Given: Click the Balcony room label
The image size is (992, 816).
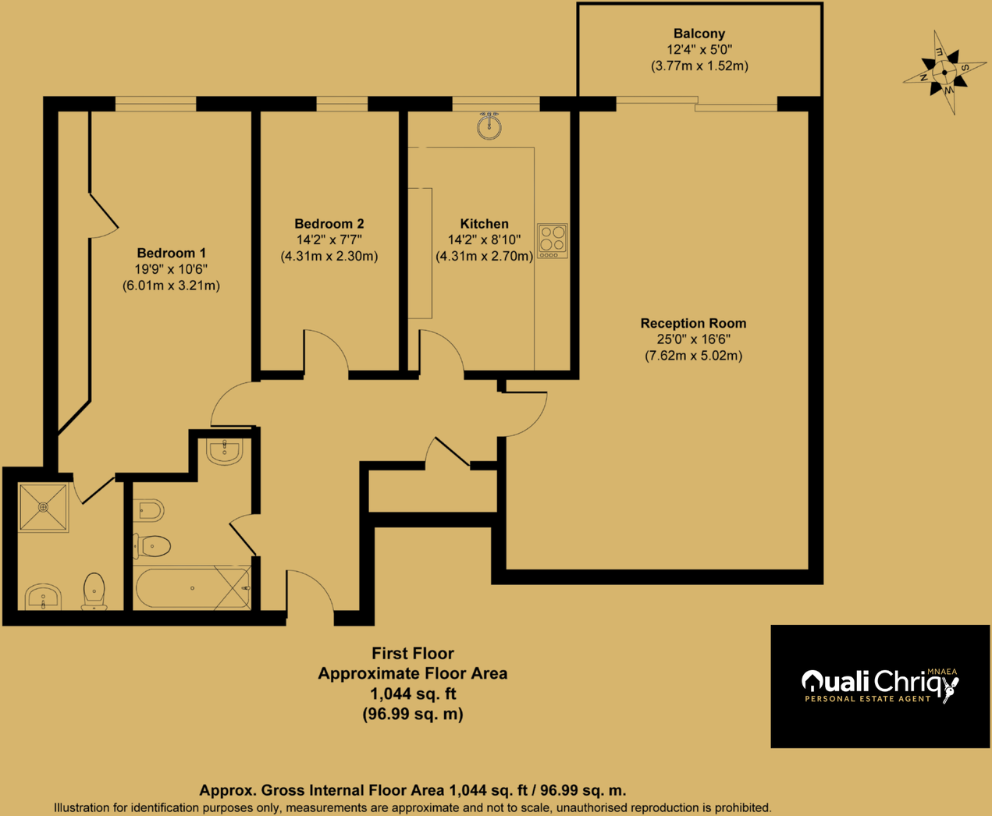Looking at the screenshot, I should pos(699,34).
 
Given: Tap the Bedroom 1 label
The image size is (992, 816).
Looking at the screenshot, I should pos(171,253).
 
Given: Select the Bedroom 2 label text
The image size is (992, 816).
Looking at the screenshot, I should pos(329,224).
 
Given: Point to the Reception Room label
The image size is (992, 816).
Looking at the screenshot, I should pos(693,323).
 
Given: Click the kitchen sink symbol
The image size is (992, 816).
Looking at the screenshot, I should pos(489,126).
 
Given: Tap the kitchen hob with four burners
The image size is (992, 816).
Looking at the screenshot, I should pos(553,240).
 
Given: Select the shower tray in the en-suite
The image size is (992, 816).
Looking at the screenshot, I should pos(44,508).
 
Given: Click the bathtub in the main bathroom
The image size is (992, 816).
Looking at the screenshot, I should pos(192,588).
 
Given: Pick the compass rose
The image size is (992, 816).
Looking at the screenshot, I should pos(944,73).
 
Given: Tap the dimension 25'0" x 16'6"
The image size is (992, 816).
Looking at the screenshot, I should pos(693,339).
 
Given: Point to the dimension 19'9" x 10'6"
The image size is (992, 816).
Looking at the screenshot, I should pos(171,269).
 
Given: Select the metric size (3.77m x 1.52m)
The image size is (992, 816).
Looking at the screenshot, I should pos(699,66).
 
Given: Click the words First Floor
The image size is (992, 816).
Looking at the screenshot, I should pos(412,654).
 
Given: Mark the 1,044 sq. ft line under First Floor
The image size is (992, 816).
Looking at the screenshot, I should pos(412,694).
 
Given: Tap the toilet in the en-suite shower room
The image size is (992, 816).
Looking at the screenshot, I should pos(94,591).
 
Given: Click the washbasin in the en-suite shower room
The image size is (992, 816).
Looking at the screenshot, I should pos(43,597).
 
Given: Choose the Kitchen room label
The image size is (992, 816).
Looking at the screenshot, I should pos(484,224).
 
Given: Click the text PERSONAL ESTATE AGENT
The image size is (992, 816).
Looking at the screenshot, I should pos(867,699).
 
